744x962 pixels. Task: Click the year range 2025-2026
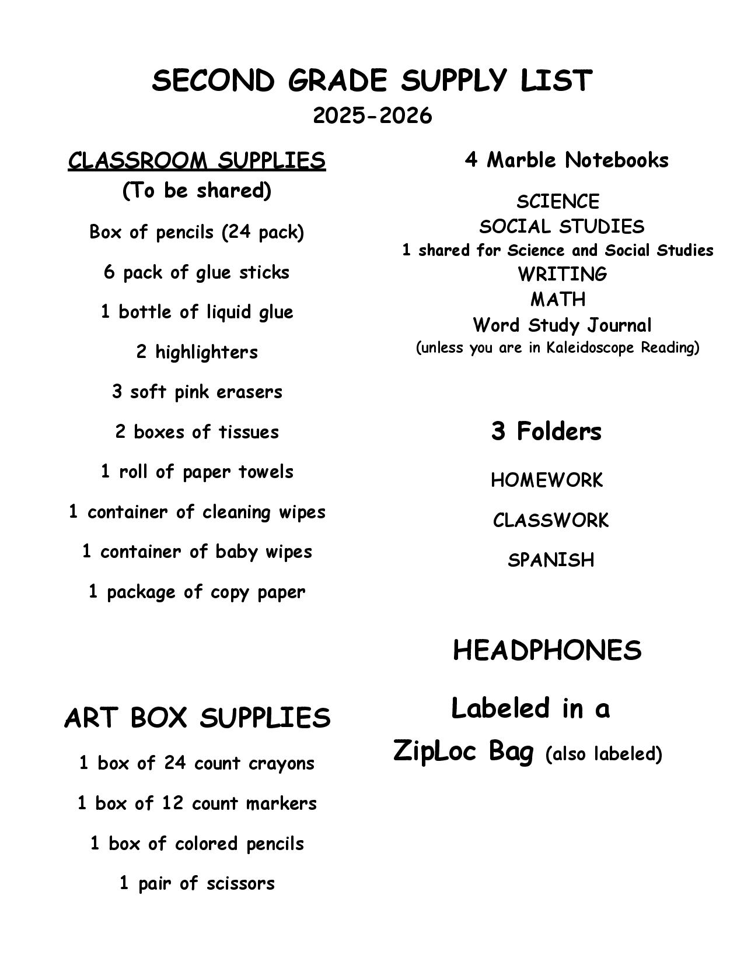[372, 116]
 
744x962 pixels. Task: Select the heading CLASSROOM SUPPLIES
[197, 160]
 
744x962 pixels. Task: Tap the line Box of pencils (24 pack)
[197, 232]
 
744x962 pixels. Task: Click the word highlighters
[206, 352]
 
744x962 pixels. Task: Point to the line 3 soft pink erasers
[197, 392]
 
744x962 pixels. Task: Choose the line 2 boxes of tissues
[197, 432]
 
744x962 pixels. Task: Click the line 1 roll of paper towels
[197, 472]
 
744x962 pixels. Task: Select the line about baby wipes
[197, 552]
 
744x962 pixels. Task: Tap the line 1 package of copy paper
[197, 592]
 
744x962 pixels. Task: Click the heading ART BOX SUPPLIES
[197, 718]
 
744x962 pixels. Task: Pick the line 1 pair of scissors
[197, 883]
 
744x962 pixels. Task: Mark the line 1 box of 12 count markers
[197, 803]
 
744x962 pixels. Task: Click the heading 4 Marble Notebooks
[566, 160]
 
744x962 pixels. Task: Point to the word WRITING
[562, 274]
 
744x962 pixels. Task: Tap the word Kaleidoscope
[591, 348]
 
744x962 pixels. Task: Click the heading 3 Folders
[546, 431]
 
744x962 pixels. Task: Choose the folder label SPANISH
[551, 560]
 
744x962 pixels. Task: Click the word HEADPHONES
[547, 651]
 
